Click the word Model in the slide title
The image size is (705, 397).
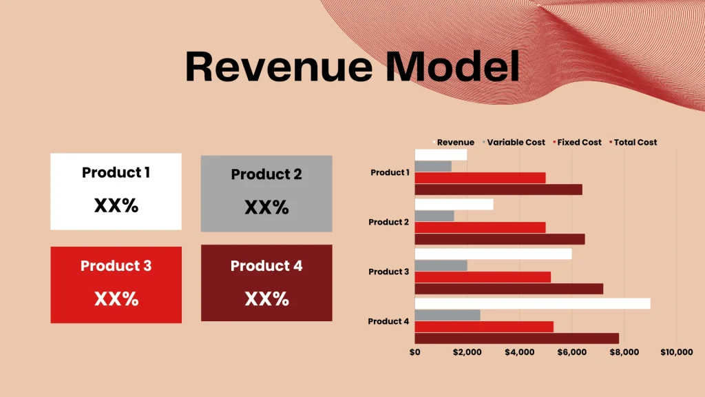click(x=452, y=68)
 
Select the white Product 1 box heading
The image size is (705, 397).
click(x=116, y=172)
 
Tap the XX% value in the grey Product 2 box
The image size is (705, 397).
click(x=266, y=207)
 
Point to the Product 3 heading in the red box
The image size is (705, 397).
click(x=116, y=266)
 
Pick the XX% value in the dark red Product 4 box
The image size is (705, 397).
click(x=266, y=299)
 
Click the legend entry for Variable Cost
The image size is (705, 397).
click(x=516, y=143)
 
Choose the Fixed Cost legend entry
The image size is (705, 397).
click(x=578, y=143)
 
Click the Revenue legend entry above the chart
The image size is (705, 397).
click(x=455, y=143)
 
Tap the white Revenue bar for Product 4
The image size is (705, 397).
click(x=532, y=304)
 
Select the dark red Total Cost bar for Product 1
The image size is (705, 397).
click(x=498, y=190)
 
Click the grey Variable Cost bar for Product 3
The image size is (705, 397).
click(x=441, y=266)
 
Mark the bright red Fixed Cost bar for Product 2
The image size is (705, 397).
click(x=480, y=227)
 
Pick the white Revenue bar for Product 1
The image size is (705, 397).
click(x=441, y=155)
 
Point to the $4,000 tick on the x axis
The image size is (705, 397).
click(x=519, y=353)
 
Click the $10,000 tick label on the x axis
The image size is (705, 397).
click(x=676, y=353)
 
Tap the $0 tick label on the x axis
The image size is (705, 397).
click(x=414, y=353)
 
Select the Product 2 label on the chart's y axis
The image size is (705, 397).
click(x=389, y=222)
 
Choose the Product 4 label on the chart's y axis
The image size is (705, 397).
click(x=389, y=321)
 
